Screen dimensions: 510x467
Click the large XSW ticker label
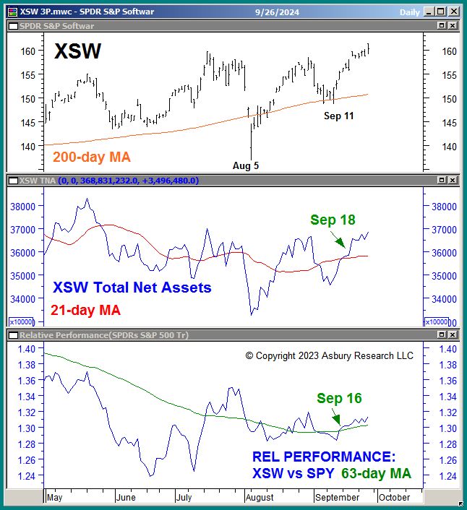coord(77,51)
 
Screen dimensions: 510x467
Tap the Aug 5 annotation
coord(246,165)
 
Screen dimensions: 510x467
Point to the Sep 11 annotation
coord(338,116)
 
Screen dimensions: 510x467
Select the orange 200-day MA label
coord(92,156)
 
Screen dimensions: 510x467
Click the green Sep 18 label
coord(333,220)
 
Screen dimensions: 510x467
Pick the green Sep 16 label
coord(339,398)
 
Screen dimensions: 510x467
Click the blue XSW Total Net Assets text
coord(132,288)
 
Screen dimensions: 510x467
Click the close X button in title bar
coord(453,11)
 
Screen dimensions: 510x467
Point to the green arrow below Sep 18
coord(339,241)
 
